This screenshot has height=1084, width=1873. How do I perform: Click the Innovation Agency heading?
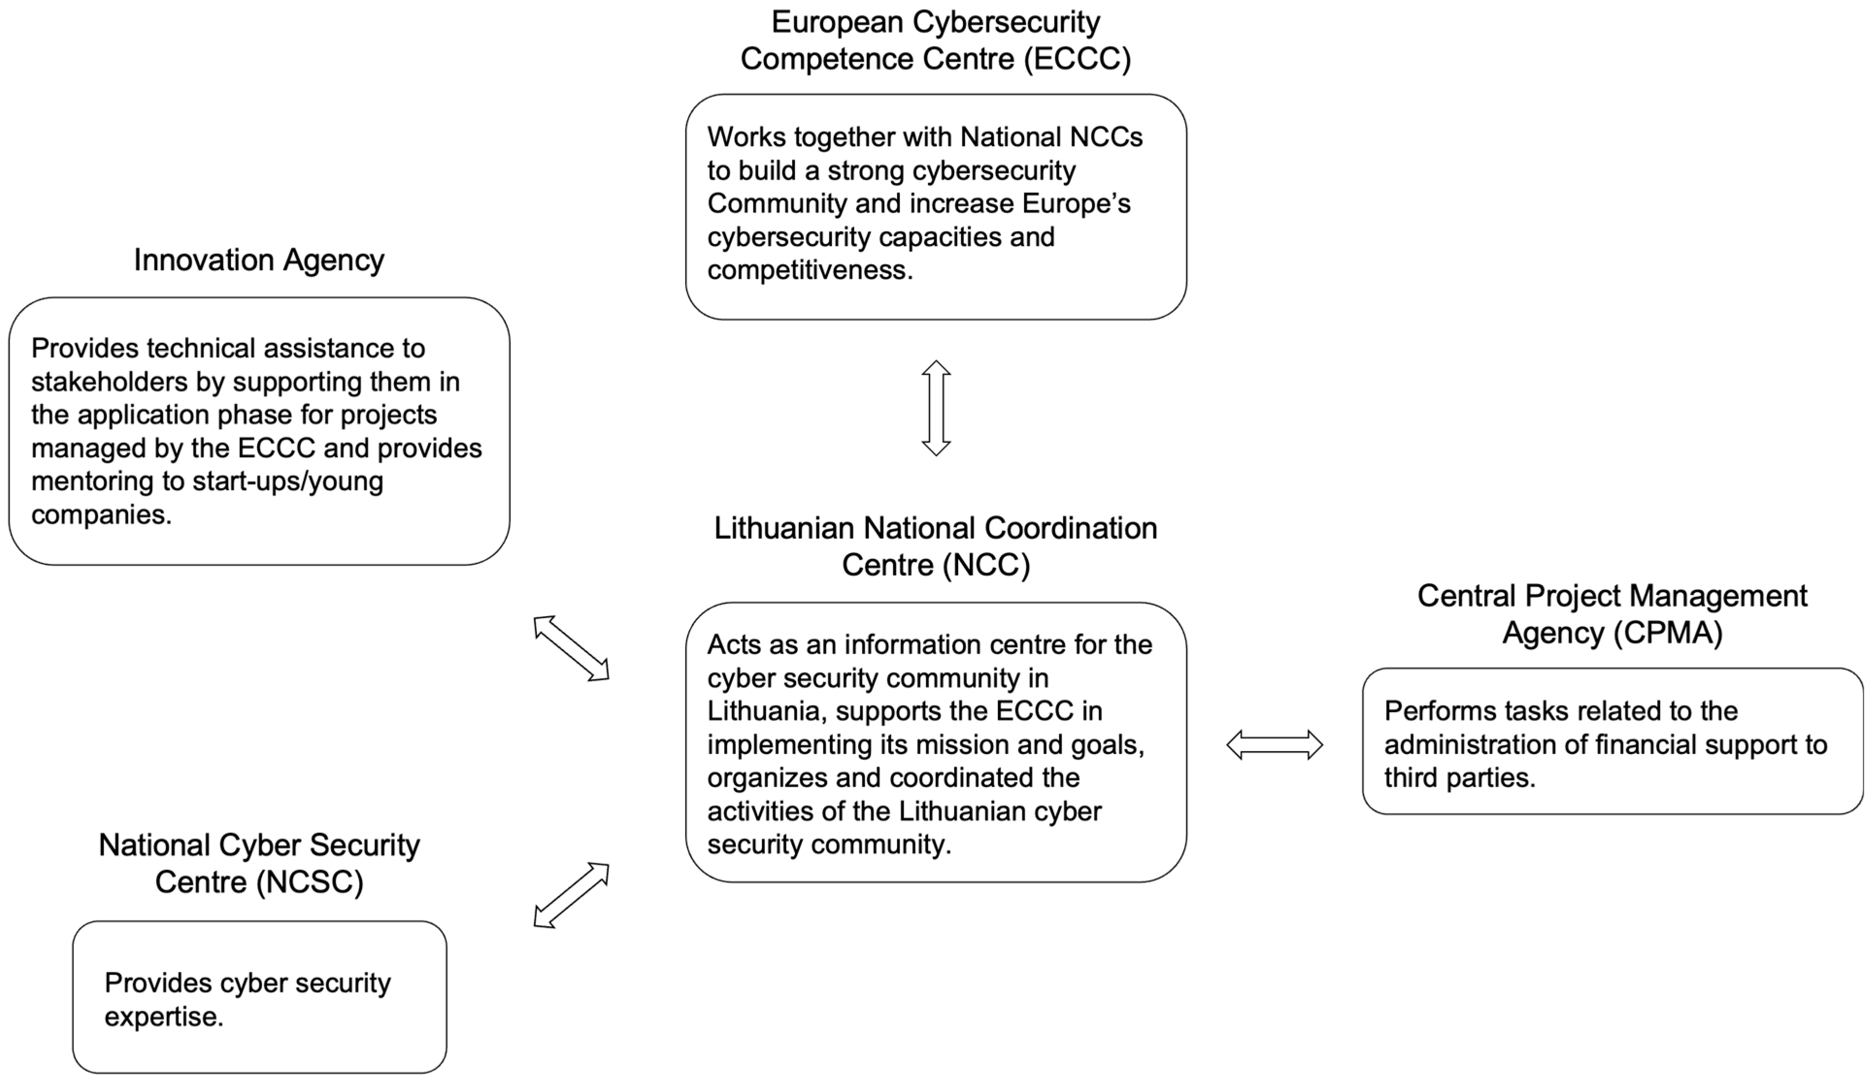(x=259, y=261)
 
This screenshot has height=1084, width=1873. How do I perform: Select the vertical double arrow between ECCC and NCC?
(x=936, y=408)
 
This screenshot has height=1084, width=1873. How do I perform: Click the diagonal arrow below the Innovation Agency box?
(x=571, y=648)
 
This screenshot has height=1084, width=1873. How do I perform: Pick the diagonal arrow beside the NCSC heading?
(x=571, y=895)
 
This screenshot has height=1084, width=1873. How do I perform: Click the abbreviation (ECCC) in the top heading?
(x=1077, y=59)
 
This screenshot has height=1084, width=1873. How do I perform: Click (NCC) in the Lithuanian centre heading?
(x=986, y=565)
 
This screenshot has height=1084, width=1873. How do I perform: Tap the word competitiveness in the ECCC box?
(x=810, y=270)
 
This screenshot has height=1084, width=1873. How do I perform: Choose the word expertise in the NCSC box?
(x=164, y=1017)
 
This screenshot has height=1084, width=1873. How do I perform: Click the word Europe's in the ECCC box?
(x=1076, y=204)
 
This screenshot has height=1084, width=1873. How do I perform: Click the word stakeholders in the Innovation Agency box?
(x=109, y=382)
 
